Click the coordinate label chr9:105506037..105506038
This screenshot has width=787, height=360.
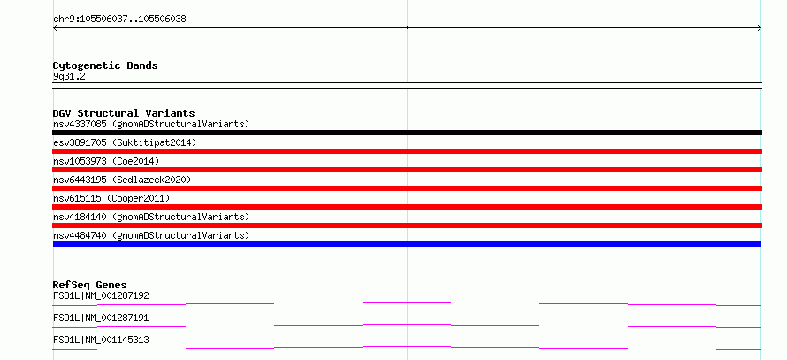coord(119,19)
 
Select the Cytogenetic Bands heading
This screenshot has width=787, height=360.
coord(105,65)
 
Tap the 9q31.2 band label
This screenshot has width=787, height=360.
coord(69,76)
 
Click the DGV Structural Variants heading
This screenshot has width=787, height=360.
coord(124,113)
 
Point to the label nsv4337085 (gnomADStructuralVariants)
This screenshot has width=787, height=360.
coord(151,124)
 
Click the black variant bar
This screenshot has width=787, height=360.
coord(407,133)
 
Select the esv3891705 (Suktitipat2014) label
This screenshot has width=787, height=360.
coord(125,142)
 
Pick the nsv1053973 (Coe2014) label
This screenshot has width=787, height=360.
coord(106,161)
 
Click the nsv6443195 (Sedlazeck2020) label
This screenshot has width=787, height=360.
coord(122,180)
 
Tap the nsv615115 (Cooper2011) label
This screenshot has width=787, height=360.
coord(111,198)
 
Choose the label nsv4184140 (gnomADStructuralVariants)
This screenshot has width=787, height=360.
coord(151,217)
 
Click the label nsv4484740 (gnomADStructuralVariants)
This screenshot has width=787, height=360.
coord(151,235)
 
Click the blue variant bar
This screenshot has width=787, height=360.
coord(407,244)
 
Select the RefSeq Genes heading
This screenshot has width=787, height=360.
coord(90,285)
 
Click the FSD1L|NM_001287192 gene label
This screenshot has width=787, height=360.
coord(101,295)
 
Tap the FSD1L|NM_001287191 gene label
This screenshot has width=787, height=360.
coord(101,318)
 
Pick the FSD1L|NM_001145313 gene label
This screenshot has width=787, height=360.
coord(101,340)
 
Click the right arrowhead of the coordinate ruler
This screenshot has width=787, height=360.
coord(760,28)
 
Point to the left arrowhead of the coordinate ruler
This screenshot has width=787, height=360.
coord(55,28)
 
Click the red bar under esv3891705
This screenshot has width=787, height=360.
coord(407,151)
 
